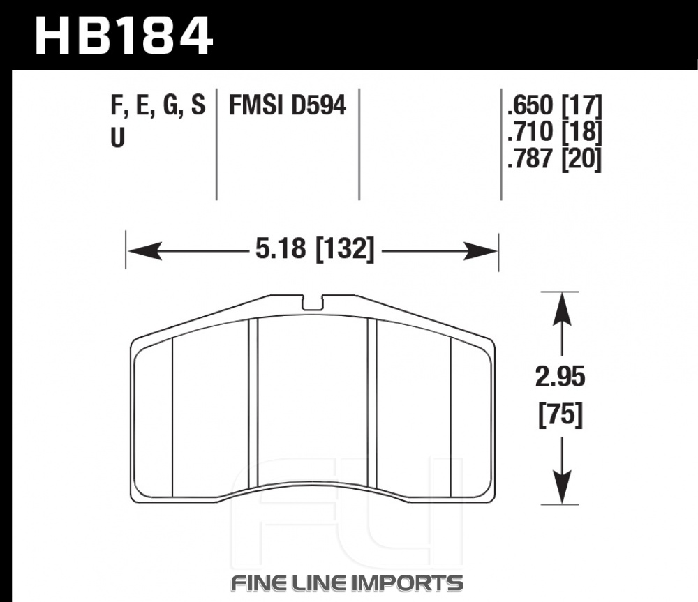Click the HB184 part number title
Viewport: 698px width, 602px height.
(x=124, y=36)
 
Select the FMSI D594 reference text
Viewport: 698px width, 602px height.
(x=287, y=106)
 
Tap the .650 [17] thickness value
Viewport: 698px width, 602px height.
(x=555, y=105)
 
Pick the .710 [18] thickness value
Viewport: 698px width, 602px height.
(x=555, y=132)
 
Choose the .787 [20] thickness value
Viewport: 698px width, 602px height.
(x=555, y=158)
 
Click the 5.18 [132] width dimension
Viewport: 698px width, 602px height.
(x=315, y=248)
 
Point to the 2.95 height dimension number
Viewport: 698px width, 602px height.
(x=560, y=377)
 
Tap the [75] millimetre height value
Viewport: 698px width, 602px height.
(x=560, y=415)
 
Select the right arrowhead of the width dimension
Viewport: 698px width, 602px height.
(x=481, y=251)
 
